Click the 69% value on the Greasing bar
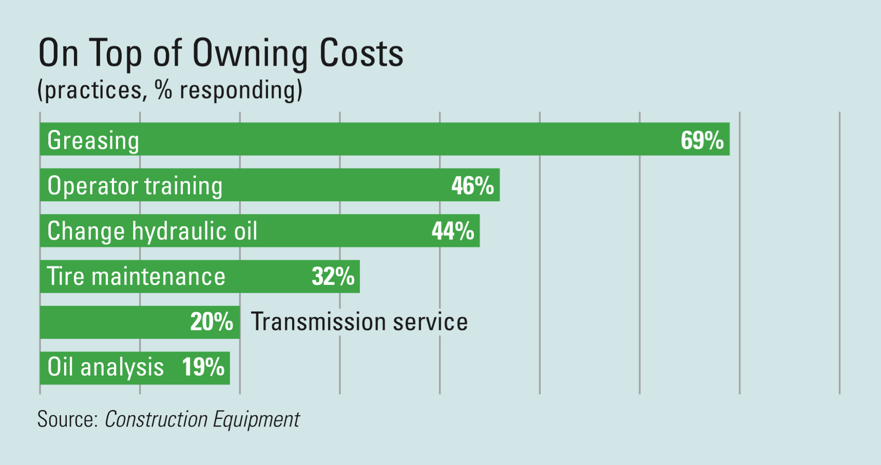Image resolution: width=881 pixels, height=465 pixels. (702, 140)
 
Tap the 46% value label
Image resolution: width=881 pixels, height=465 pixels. (472, 186)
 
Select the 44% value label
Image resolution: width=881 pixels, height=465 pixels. (453, 231)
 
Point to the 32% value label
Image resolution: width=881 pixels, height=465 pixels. (333, 277)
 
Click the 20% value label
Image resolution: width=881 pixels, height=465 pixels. (212, 322)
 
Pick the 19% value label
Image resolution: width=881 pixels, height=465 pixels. (203, 367)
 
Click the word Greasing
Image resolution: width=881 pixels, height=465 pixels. (93, 141)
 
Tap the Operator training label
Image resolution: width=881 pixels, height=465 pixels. (135, 186)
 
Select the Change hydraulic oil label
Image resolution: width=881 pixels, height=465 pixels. (152, 231)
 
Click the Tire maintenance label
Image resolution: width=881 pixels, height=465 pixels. (136, 277)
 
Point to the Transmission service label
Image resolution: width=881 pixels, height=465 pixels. (359, 322)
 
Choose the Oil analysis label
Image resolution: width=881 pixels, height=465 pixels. (105, 367)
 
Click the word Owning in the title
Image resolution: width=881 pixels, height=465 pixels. (250, 53)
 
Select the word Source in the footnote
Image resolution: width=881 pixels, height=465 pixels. (67, 419)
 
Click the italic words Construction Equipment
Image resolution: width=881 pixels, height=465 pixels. (202, 419)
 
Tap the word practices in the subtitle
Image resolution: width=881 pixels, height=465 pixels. (93, 91)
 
